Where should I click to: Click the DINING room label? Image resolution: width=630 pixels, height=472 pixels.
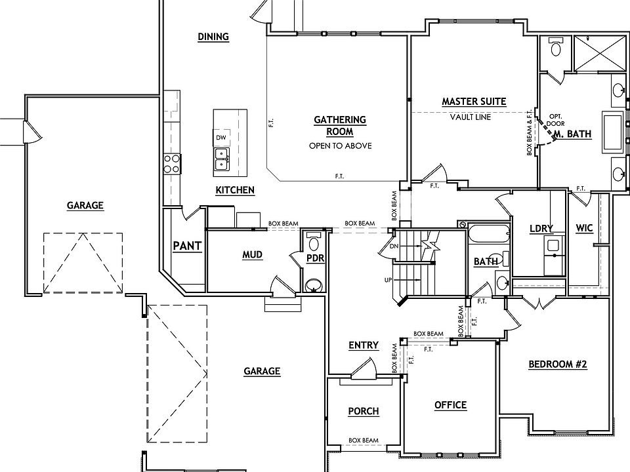213,37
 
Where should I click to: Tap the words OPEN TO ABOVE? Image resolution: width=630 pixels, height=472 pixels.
340,146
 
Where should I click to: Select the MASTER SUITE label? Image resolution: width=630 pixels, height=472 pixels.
473,102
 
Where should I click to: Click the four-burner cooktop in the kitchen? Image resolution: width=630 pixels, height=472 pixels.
172,163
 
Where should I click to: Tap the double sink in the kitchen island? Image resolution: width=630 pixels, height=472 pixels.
221,158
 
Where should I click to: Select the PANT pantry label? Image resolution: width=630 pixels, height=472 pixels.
187,246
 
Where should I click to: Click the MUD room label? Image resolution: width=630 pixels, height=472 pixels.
253,254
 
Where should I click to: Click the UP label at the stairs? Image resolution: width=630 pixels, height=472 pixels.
388,280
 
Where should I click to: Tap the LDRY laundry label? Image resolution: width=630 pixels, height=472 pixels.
541,228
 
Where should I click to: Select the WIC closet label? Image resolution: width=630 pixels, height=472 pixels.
584,228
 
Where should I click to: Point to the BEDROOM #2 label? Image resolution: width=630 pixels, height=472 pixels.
557,365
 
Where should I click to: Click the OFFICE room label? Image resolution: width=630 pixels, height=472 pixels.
450,405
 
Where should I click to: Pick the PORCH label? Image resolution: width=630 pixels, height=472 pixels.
363,411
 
